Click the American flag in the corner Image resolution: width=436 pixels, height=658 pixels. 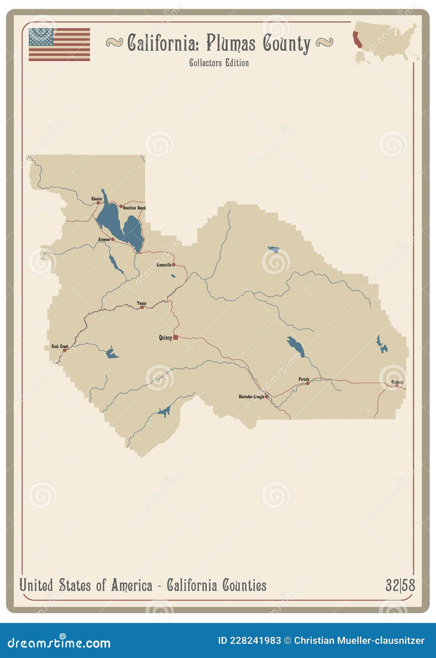pos(59,44)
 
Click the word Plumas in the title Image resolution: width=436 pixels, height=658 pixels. pos(231,43)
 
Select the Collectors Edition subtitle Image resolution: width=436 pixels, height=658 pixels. pos(219,63)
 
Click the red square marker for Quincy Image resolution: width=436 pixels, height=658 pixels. pos(176,338)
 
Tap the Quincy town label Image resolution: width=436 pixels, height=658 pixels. pos(165,338)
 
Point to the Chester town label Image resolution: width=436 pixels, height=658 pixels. pos(97,199)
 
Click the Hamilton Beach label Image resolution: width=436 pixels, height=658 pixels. pos(134,208)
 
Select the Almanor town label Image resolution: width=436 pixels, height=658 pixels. pos(104,239)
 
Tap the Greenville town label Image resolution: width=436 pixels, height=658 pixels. pos(164,265)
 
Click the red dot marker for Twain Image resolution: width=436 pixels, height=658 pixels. pos(142,308)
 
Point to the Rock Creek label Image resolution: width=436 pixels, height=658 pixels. pos(60,346)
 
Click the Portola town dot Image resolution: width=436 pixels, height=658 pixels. pos(308,383)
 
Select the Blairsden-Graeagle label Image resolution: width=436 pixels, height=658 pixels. pos(251,397)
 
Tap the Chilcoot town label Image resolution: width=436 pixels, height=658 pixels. pos(397,382)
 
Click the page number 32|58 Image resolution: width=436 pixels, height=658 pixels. pos(400,585)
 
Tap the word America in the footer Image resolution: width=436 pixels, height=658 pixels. pos(132,585)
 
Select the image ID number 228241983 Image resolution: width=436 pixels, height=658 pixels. pos(255,640)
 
